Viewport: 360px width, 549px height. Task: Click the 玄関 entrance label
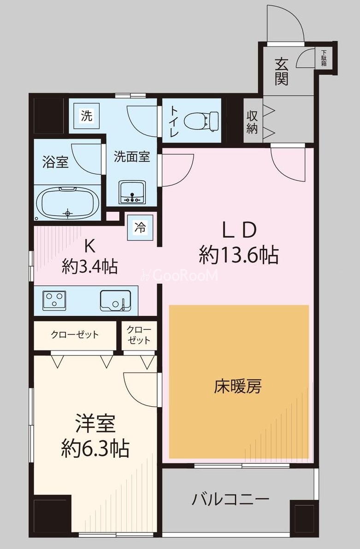click(282, 71)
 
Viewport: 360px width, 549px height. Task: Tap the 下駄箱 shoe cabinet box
click(324, 58)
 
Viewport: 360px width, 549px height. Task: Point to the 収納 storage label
click(252, 122)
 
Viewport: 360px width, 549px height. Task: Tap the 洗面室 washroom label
click(132, 157)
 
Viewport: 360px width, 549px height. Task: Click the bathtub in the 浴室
click(68, 203)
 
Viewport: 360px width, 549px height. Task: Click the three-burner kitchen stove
click(55, 301)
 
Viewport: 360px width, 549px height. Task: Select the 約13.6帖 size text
click(238, 254)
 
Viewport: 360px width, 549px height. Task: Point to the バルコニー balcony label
click(230, 499)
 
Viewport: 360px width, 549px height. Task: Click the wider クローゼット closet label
click(75, 335)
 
